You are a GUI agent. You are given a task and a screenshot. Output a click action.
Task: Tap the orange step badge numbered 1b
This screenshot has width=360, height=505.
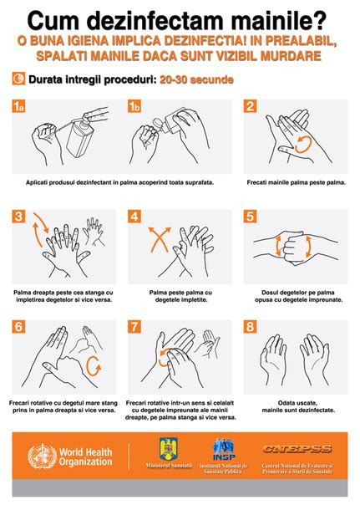tap(135, 106)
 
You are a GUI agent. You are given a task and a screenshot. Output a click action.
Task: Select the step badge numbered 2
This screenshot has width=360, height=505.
tap(249, 106)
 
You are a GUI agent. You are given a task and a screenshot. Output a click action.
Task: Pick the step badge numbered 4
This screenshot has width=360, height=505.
tap(135, 217)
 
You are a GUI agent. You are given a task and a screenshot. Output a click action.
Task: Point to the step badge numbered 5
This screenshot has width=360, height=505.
tap(249, 217)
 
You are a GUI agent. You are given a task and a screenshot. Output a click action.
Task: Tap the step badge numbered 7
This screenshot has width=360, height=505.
tap(135, 327)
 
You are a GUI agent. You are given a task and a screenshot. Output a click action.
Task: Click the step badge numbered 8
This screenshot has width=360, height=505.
tap(249, 327)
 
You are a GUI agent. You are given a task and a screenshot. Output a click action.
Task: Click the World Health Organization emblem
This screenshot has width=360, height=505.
tap(39, 458)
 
